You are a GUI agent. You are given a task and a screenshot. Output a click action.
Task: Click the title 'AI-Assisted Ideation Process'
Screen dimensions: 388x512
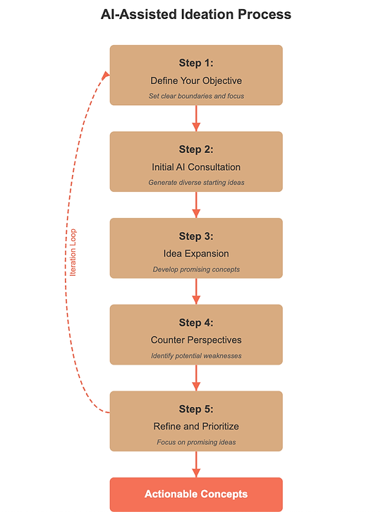point(196,14)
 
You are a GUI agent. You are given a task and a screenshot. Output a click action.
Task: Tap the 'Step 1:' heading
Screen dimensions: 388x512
point(196,63)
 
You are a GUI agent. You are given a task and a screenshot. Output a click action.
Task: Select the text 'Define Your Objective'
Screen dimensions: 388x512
point(196,80)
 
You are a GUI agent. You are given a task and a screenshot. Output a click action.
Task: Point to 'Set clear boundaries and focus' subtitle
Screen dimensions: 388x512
point(196,96)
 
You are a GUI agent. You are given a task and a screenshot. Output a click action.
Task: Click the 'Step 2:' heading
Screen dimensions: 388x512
point(196,150)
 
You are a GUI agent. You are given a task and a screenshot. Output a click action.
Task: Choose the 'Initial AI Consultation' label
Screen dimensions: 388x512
point(196,167)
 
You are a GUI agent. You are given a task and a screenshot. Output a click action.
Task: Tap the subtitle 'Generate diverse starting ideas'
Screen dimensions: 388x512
point(196,183)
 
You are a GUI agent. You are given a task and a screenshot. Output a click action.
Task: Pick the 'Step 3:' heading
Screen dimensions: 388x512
point(196,236)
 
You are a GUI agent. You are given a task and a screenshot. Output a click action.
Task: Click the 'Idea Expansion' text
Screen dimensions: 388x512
point(196,254)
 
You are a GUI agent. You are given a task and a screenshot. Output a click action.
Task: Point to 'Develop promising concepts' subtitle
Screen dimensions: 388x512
point(196,269)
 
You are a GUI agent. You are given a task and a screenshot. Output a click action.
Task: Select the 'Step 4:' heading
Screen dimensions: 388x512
point(196,322)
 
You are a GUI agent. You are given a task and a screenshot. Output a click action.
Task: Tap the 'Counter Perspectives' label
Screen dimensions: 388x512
point(196,340)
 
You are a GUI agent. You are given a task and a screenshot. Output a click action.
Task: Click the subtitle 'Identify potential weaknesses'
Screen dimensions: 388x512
point(196,355)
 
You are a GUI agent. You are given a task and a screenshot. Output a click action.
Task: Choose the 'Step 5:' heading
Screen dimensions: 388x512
point(196,409)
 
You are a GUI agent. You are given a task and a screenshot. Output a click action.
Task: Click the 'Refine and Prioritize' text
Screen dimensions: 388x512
point(196,427)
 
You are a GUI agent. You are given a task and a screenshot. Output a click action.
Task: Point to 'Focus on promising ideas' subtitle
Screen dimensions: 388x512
point(196,442)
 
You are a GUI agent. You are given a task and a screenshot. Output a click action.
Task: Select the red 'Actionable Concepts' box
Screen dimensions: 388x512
point(196,494)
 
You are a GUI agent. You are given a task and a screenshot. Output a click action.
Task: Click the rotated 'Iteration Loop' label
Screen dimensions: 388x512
point(73,252)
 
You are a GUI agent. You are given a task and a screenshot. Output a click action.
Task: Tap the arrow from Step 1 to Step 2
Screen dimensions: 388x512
point(196,118)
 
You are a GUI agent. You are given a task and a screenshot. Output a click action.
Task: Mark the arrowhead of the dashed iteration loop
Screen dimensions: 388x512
point(106,75)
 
